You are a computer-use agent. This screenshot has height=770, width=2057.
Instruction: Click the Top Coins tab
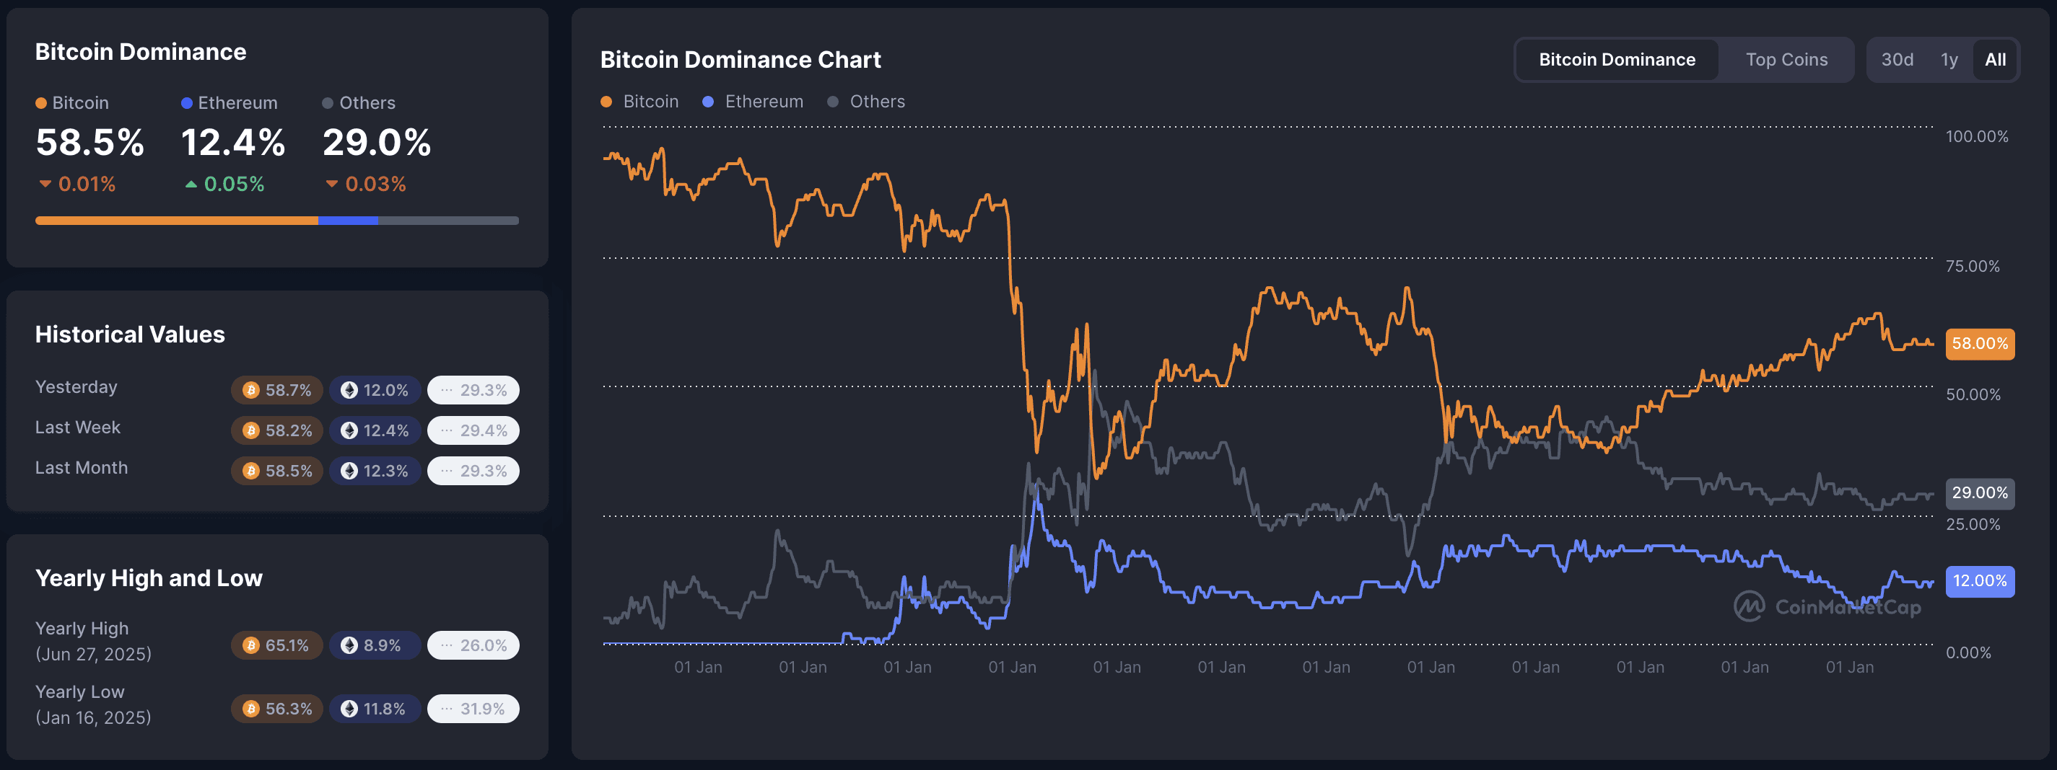pyautogui.click(x=1786, y=60)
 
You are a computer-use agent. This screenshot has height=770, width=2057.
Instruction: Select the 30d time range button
pyautogui.click(x=1897, y=60)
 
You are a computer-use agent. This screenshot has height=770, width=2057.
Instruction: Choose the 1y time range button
pyautogui.click(x=1949, y=60)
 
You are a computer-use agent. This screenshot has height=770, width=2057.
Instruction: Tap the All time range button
pyautogui.click(x=1995, y=60)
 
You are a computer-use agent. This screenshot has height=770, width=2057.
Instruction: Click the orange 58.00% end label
pyautogui.click(x=1980, y=344)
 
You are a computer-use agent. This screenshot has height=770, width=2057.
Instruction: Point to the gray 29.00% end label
pyautogui.click(x=1980, y=493)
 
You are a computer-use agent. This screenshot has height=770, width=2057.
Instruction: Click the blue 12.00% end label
pyautogui.click(x=1980, y=581)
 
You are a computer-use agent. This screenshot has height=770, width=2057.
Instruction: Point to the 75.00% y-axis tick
pyautogui.click(x=1973, y=267)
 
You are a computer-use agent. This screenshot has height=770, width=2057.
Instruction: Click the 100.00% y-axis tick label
pyautogui.click(x=1976, y=136)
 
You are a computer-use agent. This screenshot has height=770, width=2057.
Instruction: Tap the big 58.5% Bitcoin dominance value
pyautogui.click(x=90, y=143)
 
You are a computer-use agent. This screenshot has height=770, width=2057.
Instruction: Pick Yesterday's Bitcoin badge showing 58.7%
pyautogui.click(x=277, y=390)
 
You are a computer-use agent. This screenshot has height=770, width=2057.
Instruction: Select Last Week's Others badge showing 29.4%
pyautogui.click(x=473, y=431)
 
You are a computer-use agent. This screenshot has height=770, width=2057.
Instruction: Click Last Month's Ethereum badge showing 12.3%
pyautogui.click(x=375, y=471)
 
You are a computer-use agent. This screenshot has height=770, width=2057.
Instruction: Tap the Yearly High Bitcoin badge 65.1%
pyautogui.click(x=277, y=645)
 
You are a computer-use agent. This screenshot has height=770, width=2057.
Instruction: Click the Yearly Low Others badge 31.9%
pyautogui.click(x=473, y=709)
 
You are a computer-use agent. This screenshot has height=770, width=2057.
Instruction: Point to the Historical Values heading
pyautogui.click(x=130, y=335)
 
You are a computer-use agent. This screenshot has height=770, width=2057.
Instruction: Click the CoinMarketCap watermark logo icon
pyautogui.click(x=1749, y=606)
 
